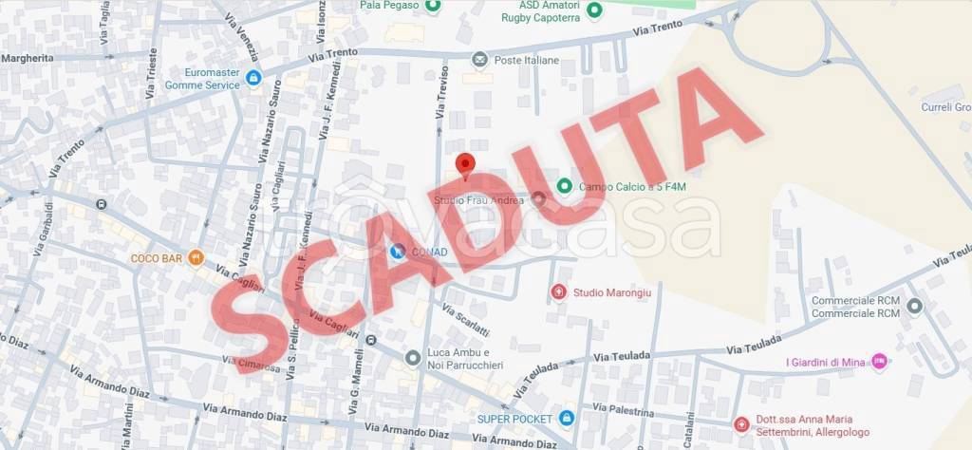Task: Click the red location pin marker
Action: (464, 164)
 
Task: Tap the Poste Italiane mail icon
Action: (479, 60)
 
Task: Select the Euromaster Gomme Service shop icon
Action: (253, 78)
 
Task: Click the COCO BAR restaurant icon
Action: (196, 257)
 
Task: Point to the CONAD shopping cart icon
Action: (398, 252)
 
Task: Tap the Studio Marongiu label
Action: (611, 292)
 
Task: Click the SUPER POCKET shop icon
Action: (567, 418)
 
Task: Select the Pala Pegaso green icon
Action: (433, 6)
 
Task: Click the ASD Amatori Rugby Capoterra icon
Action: (594, 10)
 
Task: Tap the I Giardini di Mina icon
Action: (879, 361)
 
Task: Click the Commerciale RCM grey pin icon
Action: (914, 306)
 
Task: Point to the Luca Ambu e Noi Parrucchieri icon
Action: (412, 358)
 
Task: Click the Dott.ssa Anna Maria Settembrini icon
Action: (740, 424)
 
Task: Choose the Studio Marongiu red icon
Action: (558, 291)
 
